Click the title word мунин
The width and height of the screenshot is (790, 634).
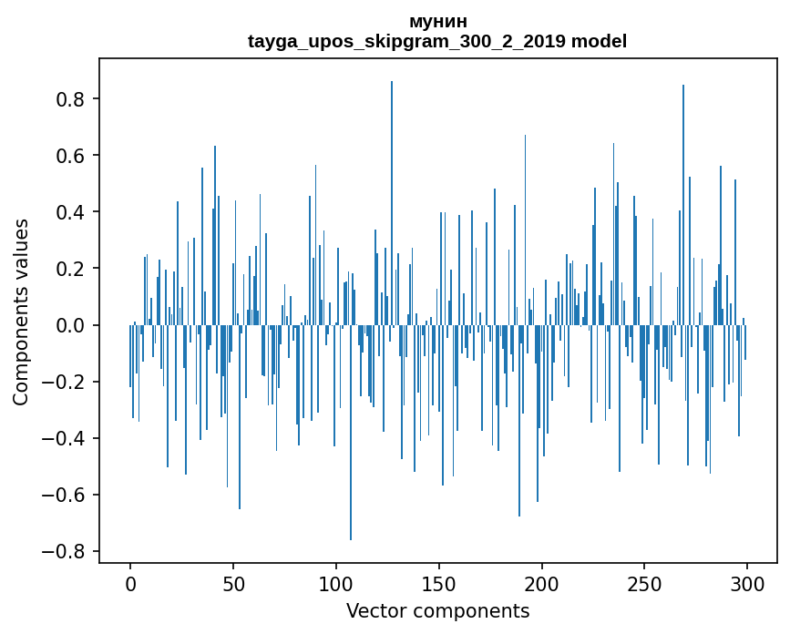click(437, 21)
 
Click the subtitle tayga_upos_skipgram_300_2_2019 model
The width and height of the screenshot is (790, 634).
click(437, 41)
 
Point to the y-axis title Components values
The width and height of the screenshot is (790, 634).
click(20, 312)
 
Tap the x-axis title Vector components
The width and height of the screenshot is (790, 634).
click(437, 610)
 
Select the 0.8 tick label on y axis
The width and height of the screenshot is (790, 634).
click(71, 98)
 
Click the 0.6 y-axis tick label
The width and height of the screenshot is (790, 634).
click(71, 156)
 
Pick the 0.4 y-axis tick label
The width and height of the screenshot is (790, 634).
click(71, 212)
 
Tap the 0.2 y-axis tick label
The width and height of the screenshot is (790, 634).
click(71, 269)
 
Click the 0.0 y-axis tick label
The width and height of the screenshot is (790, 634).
click(71, 325)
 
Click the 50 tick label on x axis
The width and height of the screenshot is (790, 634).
click(233, 583)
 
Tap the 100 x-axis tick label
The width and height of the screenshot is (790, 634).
click(336, 583)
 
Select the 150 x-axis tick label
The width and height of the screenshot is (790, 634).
click(439, 583)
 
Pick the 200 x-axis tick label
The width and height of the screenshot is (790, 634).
click(542, 583)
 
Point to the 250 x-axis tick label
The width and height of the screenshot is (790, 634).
click(645, 583)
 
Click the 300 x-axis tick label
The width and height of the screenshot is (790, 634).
click(748, 583)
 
